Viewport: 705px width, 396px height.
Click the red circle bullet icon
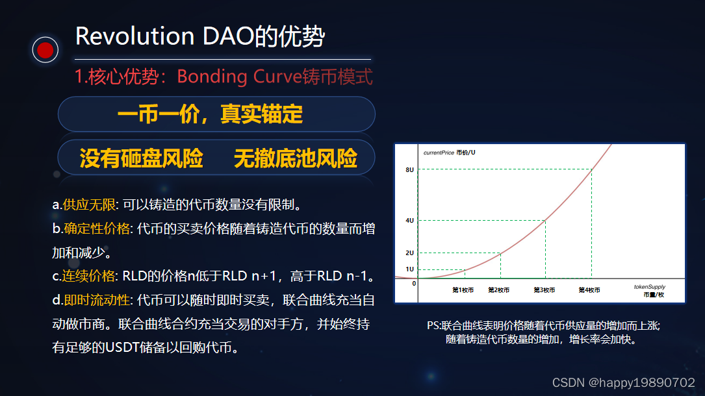45,49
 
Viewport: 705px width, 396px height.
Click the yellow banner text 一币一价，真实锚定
211,114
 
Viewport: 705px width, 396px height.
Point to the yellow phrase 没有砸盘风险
141,158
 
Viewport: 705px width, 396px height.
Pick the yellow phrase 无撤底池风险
296,158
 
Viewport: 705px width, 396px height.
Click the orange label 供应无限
89,204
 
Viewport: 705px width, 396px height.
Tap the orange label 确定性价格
97,229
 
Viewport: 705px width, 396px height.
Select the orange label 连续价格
88,276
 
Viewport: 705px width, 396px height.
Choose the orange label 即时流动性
97,299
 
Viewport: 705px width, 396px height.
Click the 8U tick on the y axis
409,169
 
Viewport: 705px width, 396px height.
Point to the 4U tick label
409,221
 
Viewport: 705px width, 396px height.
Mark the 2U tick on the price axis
409,253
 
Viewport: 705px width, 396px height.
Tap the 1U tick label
409,269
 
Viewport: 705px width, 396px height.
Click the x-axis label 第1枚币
463,290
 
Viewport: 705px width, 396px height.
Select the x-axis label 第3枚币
544,290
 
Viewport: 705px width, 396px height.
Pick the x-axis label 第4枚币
589,290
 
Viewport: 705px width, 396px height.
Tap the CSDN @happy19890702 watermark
624,382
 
